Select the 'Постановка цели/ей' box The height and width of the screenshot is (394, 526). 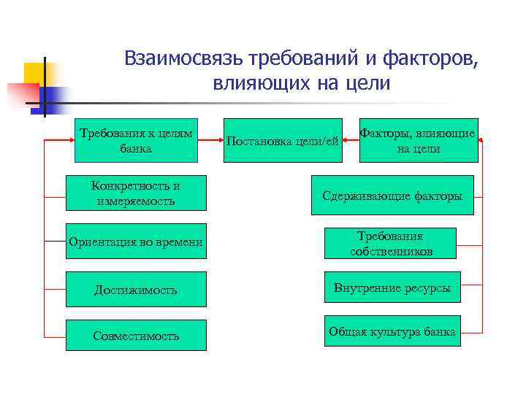pyautogui.click(x=283, y=140)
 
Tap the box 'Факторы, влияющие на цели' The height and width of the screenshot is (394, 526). pyautogui.click(x=419, y=140)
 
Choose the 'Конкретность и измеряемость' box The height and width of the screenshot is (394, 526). pyautogui.click(x=136, y=193)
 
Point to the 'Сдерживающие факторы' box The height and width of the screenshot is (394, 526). pyautogui.click(x=393, y=195)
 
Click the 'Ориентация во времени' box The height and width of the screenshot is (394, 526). pyautogui.click(x=136, y=241)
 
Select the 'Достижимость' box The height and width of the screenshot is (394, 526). pyautogui.click(x=136, y=290)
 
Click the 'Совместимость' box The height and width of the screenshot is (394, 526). pyautogui.click(x=136, y=336)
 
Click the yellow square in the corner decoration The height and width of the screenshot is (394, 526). pyautogui.click(x=34, y=73)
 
